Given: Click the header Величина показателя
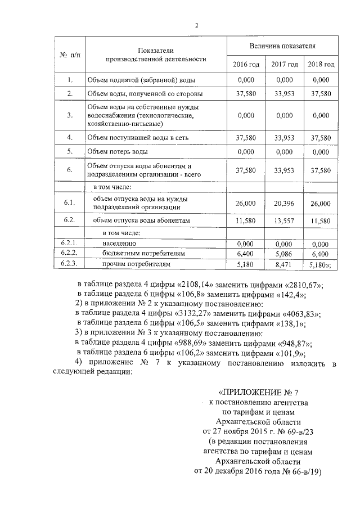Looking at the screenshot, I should click(x=282, y=45).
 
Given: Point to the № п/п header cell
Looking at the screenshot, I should click(x=70, y=55).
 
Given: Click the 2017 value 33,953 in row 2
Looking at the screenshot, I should click(x=284, y=94).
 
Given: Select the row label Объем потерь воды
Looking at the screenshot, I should click(x=118, y=152).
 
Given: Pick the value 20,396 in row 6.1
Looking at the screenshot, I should click(x=284, y=204).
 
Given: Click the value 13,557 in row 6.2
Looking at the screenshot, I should click(x=284, y=221).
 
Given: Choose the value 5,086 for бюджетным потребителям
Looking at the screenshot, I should click(x=284, y=254).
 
